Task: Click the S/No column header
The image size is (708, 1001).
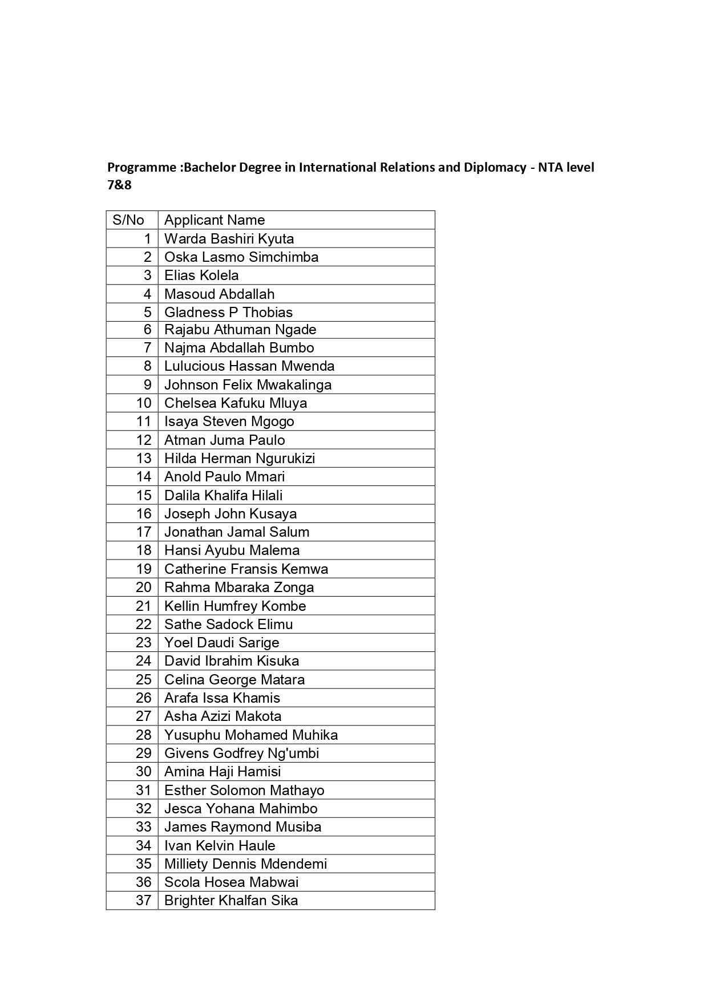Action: coord(128,220)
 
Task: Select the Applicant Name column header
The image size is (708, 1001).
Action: coord(215,220)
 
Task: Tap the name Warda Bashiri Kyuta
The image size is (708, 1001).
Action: coord(229,238)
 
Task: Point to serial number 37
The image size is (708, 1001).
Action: coord(143,901)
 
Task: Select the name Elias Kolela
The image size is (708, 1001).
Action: coord(201,275)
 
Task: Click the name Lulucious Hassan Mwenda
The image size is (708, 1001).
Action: coord(249,366)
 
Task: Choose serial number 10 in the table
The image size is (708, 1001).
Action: coord(143,403)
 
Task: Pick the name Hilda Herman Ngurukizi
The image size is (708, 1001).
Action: coord(240,459)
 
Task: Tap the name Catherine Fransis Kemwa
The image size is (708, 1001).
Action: coord(246,569)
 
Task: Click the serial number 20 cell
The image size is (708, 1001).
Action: coord(143,587)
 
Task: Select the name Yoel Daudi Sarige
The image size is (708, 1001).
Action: coord(221,643)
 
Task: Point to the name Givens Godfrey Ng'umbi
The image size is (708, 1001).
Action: coord(241,753)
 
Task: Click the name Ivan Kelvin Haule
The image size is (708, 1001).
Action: coord(220,846)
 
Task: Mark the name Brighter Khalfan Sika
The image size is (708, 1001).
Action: coord(231,901)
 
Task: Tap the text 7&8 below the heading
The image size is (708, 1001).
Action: coord(119,185)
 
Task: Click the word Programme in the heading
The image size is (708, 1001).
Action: coord(141,167)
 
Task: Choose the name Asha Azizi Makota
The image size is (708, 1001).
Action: coord(222,716)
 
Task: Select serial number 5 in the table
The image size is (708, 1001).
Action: coord(147,313)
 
